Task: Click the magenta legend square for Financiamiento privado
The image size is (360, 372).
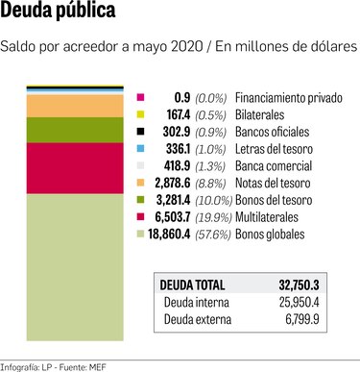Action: (141, 98)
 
